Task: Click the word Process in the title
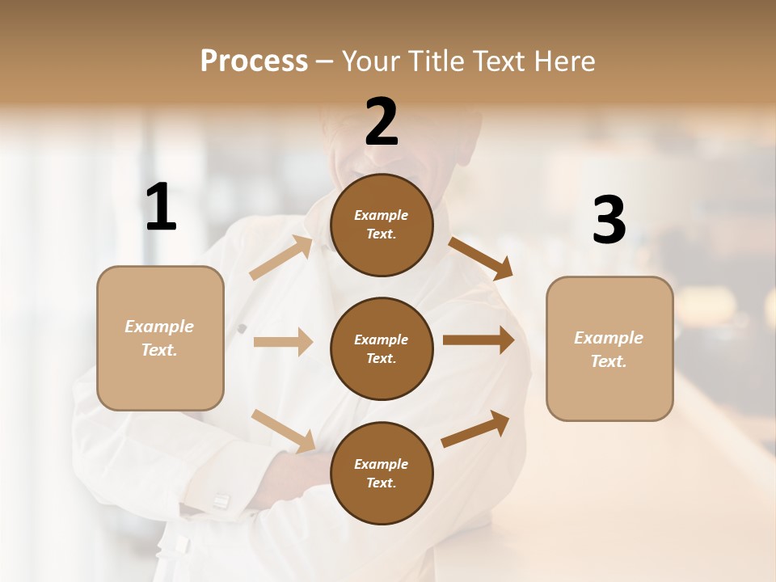(x=254, y=61)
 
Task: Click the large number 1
(x=161, y=208)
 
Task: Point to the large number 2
(x=382, y=122)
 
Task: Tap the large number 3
(x=609, y=220)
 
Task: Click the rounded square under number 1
(x=160, y=338)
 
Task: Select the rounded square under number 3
(x=609, y=349)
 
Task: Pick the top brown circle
(x=382, y=225)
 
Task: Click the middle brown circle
(x=382, y=349)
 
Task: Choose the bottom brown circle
(x=382, y=474)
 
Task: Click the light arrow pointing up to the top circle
(x=281, y=258)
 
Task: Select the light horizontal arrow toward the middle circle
(x=283, y=342)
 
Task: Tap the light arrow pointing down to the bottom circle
(x=283, y=430)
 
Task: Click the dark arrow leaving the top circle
(x=481, y=258)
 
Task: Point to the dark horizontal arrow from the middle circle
(x=478, y=340)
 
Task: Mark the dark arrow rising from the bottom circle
(x=475, y=428)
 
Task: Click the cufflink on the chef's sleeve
(x=221, y=502)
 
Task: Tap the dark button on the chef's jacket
(x=241, y=328)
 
